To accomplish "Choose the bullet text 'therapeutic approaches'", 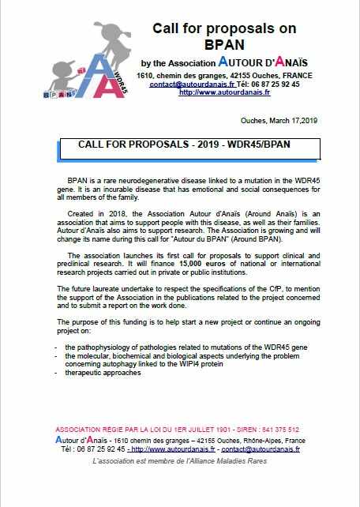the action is (103, 373).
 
